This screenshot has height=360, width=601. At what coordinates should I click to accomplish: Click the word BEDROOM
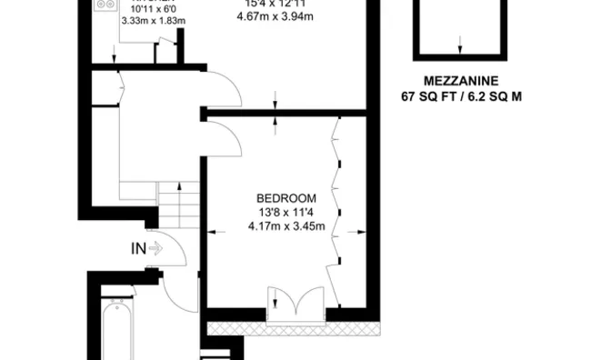[x=286, y=199]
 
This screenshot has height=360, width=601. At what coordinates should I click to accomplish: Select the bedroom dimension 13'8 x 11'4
[x=286, y=213]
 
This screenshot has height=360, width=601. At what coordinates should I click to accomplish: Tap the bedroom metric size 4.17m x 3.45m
[x=286, y=226]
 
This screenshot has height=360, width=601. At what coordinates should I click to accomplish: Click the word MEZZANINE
[x=459, y=80]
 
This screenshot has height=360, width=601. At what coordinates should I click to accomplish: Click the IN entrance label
[x=138, y=247]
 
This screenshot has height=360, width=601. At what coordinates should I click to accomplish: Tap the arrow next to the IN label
[x=155, y=247]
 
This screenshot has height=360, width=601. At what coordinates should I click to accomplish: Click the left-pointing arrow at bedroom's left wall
[x=215, y=228]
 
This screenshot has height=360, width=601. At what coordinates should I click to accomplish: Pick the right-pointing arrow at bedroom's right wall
[x=360, y=228]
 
